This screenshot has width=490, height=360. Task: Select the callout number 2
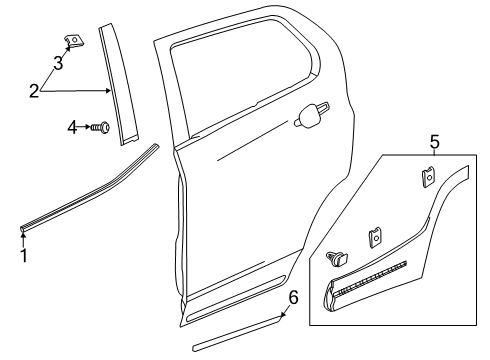click(x=34, y=92)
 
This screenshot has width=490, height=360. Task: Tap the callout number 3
click(x=58, y=64)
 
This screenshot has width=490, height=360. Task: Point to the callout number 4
click(x=72, y=127)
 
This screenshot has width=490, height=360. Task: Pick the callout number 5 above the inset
click(x=434, y=142)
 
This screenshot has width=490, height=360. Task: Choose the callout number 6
click(x=293, y=298)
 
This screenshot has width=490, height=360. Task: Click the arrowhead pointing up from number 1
click(x=25, y=234)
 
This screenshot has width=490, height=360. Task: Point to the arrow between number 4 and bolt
click(x=85, y=127)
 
